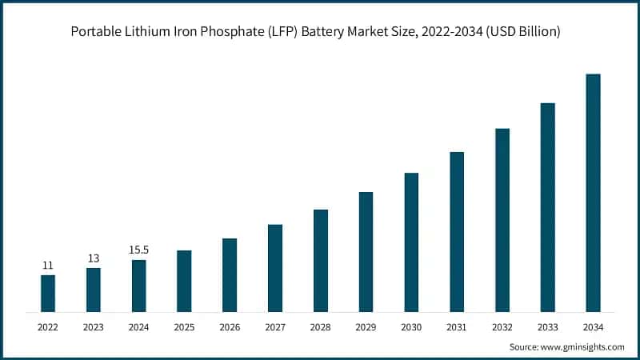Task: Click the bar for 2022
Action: tap(48, 293)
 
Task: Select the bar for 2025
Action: tap(184, 281)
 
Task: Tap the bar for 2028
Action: tap(321, 260)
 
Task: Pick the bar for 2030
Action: tap(411, 242)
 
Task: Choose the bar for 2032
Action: tap(502, 219)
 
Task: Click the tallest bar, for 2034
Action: tap(593, 192)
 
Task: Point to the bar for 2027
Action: tap(275, 267)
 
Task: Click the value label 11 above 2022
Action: tap(48, 265)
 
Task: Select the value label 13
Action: tap(94, 258)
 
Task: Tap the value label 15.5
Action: tap(139, 250)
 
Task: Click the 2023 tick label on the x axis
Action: tap(94, 326)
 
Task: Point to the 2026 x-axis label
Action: tap(230, 326)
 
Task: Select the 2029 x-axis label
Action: tap(366, 326)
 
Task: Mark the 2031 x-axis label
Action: tap(457, 326)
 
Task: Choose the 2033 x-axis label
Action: tap(547, 326)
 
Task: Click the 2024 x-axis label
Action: tap(139, 326)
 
